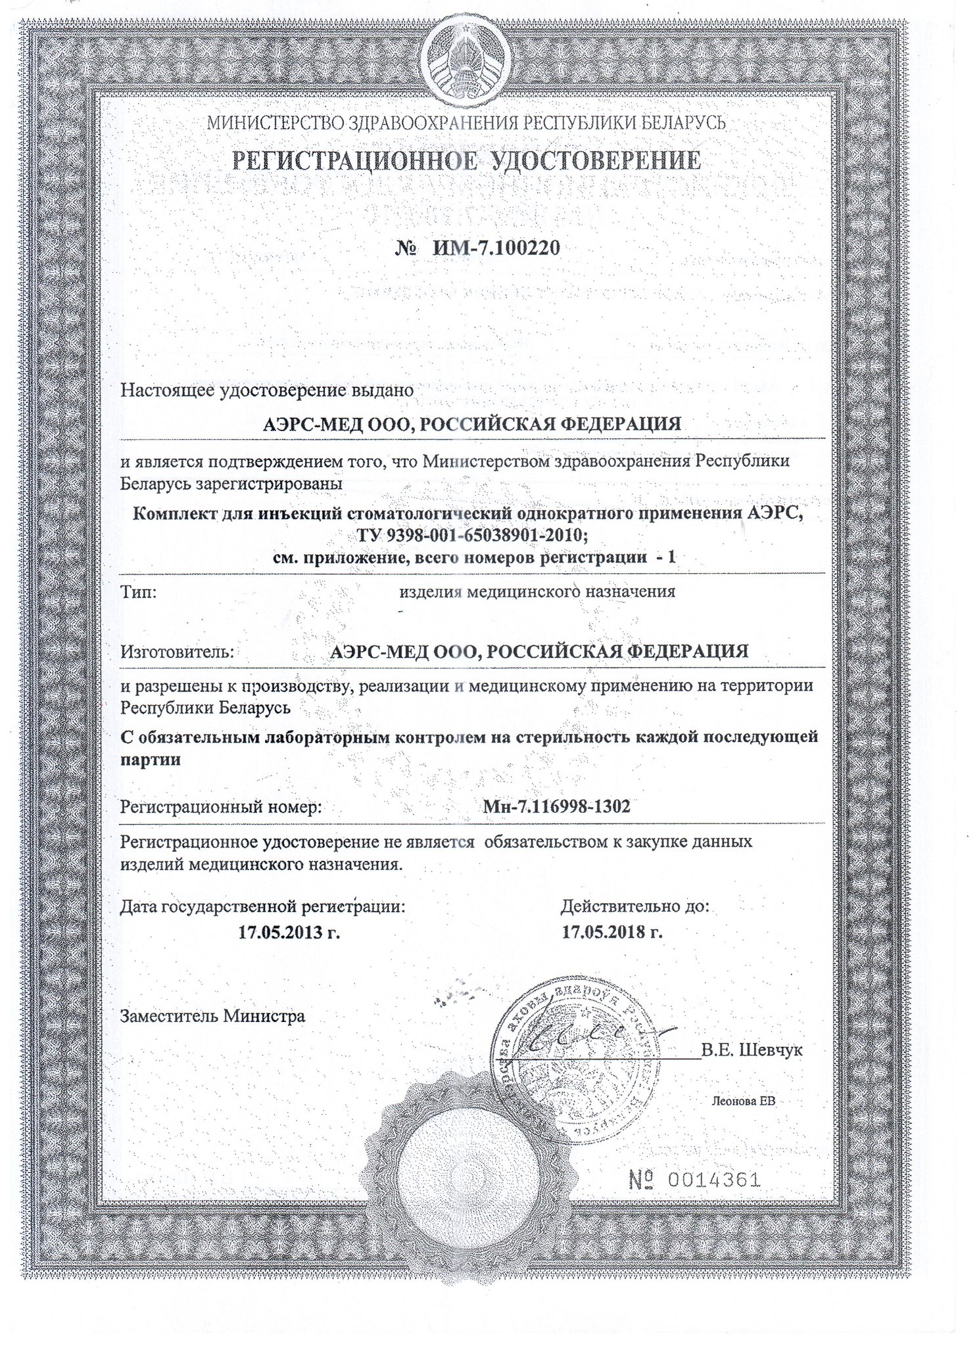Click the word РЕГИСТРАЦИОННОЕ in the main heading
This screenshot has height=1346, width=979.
349,161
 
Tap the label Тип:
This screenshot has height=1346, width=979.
138,592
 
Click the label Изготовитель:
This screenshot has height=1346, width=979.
177,652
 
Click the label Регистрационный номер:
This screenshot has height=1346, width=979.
220,806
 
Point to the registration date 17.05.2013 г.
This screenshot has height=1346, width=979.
289,932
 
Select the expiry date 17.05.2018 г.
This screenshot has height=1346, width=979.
611,932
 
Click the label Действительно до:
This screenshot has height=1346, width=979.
634,907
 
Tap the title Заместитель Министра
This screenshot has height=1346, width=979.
212,1017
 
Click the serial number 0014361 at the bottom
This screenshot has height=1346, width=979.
713,1180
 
